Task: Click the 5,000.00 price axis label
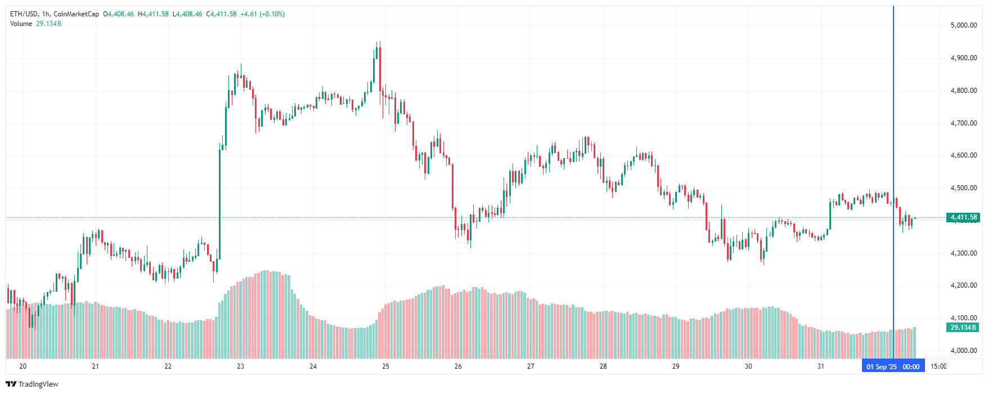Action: (x=963, y=25)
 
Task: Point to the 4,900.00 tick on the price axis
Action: (x=963, y=58)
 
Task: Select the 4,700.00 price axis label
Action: (x=963, y=123)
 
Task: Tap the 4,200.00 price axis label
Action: (x=963, y=285)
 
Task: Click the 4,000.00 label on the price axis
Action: (x=963, y=351)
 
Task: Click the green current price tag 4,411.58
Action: (x=963, y=217)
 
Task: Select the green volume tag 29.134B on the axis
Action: (x=963, y=328)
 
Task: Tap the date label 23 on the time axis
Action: (x=241, y=366)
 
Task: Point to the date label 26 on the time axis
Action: (x=458, y=366)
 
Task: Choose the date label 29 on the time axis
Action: (x=676, y=366)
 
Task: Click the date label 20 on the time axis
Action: (x=23, y=366)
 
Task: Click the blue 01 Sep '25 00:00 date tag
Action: (x=893, y=367)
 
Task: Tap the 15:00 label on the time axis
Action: (x=938, y=366)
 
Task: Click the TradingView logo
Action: (x=32, y=384)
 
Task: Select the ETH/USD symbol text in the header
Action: (x=24, y=14)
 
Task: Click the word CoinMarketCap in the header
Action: (x=76, y=14)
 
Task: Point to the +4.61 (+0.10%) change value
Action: (x=262, y=14)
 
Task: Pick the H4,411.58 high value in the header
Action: (x=153, y=14)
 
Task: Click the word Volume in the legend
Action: (x=21, y=24)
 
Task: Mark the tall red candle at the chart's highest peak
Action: (x=380, y=68)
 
